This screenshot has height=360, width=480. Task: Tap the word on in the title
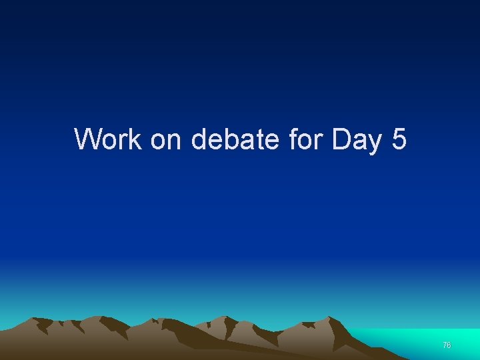(167, 140)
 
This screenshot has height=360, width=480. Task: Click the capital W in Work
(88, 139)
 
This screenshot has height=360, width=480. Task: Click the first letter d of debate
(199, 139)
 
